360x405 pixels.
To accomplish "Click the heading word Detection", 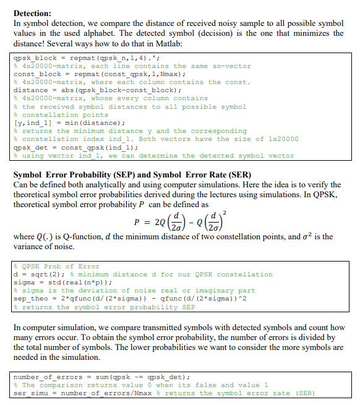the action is (x=32, y=12).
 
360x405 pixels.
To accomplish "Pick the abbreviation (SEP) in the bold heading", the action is (x=124, y=174).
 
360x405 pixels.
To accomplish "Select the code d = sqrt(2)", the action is (x=37, y=275).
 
